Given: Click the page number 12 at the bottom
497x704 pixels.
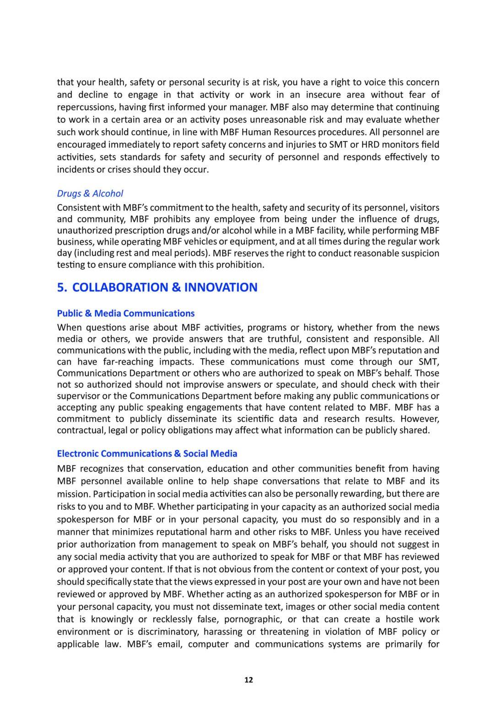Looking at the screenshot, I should [248, 680].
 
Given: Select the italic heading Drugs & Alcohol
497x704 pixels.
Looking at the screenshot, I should [90, 193].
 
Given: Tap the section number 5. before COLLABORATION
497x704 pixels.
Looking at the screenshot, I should [62, 287].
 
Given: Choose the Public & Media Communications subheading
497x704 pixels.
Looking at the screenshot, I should [125, 313].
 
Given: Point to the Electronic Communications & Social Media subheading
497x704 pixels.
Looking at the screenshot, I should [147, 454].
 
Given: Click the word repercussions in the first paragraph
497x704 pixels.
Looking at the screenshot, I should [85, 107].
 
